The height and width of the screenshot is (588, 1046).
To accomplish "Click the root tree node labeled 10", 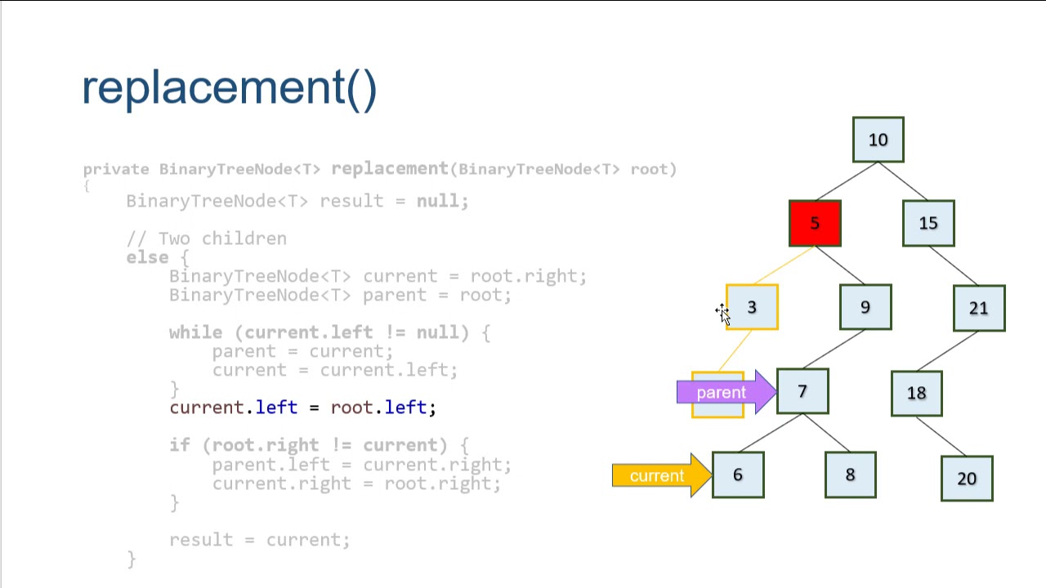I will (878, 140).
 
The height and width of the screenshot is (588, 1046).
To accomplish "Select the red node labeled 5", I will (815, 223).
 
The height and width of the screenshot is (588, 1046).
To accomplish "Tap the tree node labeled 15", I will (928, 223).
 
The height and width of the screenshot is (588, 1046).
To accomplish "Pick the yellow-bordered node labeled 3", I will (752, 307).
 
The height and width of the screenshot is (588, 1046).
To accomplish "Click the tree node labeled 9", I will (865, 307).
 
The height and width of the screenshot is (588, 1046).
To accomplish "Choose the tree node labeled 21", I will (979, 308).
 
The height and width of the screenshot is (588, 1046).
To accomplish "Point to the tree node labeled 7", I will (802, 392).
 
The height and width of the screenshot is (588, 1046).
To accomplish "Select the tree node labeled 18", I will (916, 393).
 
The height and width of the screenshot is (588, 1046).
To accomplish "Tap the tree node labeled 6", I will (738, 475).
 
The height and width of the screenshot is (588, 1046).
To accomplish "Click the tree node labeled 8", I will (851, 475).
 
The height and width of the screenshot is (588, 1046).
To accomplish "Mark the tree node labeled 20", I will (967, 479).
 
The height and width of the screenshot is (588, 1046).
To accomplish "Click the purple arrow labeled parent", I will (723, 393).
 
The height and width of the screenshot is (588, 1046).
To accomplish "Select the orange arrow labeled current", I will (659, 476).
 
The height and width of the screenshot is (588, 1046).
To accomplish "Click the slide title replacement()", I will (230, 87).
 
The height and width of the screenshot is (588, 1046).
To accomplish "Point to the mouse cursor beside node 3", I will (722, 313).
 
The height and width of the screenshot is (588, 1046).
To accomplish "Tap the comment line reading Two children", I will (207, 238).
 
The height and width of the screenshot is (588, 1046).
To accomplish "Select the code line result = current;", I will (259, 540).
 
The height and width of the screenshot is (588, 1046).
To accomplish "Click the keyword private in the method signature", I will (116, 169).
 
